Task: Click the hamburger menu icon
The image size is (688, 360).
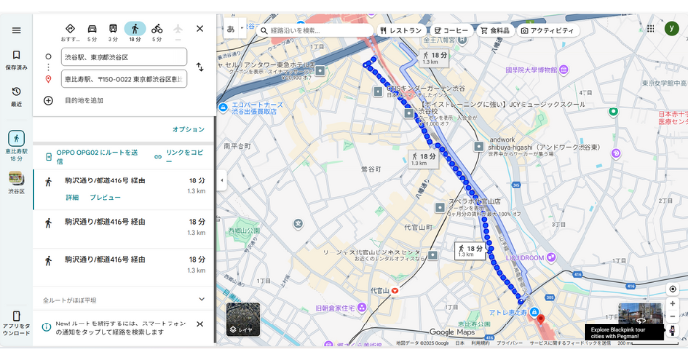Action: (x=16, y=30)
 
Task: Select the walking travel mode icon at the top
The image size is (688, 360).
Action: (x=135, y=29)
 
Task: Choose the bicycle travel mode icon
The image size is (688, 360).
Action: (x=157, y=29)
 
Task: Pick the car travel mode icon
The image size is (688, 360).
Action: (x=92, y=29)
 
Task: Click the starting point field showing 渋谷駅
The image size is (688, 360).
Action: (x=123, y=57)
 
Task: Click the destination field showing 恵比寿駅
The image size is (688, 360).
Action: (x=123, y=79)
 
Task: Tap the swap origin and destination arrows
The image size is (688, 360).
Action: (x=200, y=67)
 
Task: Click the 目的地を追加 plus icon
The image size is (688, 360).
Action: (x=48, y=100)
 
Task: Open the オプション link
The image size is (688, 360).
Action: (x=188, y=129)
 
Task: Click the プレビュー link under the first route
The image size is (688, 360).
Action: (x=105, y=198)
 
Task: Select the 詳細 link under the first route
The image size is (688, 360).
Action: (x=72, y=198)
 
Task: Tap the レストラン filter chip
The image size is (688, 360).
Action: (x=401, y=31)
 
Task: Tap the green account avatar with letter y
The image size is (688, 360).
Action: (x=671, y=29)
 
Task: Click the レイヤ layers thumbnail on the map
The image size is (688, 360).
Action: (x=242, y=319)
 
